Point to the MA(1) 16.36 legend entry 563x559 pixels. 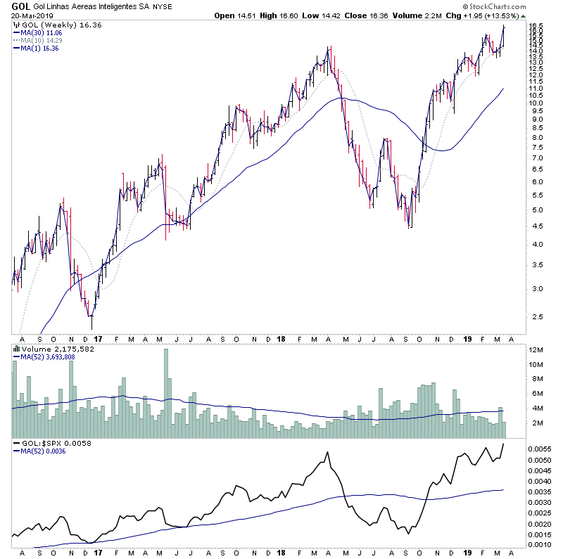coord(39,48)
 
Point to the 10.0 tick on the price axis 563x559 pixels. coord(537,103)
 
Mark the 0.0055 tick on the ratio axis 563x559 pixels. coord(541,449)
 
